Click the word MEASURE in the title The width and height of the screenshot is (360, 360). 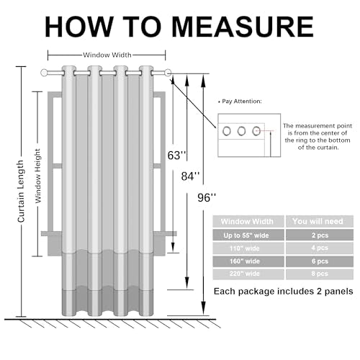click(243, 27)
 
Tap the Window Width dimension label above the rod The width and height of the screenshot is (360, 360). click(107, 55)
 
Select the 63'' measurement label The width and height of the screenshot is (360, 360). click(176, 156)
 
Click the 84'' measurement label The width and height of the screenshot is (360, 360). click(190, 176)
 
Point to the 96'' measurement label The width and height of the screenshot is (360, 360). click(207, 198)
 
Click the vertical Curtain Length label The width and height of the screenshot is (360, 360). click(21, 192)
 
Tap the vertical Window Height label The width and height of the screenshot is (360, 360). click(38, 176)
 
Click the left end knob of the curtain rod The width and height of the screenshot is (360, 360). click(44, 73)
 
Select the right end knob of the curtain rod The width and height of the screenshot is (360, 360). click(168, 73)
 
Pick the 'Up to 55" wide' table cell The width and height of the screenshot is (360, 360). click(248, 235)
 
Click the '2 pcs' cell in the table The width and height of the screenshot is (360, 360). click(320, 235)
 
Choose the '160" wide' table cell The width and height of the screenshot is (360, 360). click(248, 261)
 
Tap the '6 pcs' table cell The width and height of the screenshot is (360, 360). click(320, 261)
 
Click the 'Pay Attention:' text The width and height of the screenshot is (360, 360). click(242, 102)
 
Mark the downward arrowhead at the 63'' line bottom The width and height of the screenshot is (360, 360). click(173, 247)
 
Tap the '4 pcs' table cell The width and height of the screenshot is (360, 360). click(320, 248)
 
